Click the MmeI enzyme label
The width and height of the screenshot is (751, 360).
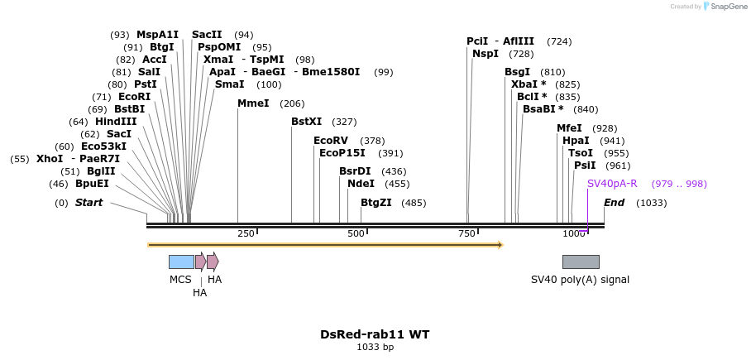[x=253, y=103]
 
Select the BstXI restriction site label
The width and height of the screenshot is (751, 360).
[x=307, y=122]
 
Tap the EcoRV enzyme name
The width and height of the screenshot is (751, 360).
[x=331, y=141]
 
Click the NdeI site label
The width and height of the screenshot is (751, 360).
[x=361, y=184]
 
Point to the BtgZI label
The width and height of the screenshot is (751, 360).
[x=376, y=203]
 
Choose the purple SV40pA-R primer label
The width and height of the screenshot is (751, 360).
[x=612, y=184]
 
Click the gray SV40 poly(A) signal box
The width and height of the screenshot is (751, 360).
[x=581, y=262]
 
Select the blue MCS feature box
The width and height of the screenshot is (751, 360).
[x=181, y=262]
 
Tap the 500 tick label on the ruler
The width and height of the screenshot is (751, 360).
[x=356, y=234]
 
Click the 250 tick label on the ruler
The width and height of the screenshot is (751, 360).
[x=246, y=234]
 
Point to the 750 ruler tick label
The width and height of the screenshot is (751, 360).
[x=466, y=234]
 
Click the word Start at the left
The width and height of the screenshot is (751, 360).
[x=89, y=203]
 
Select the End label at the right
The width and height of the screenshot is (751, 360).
[x=615, y=203]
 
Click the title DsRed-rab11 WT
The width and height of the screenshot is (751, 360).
[x=375, y=334]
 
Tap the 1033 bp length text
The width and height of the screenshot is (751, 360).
[x=375, y=348]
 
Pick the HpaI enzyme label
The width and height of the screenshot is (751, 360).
[x=576, y=141]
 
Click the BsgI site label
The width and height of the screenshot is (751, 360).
[x=518, y=72]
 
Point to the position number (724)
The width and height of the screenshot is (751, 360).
[x=559, y=41]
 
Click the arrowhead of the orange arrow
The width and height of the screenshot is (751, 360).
[x=500, y=245]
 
